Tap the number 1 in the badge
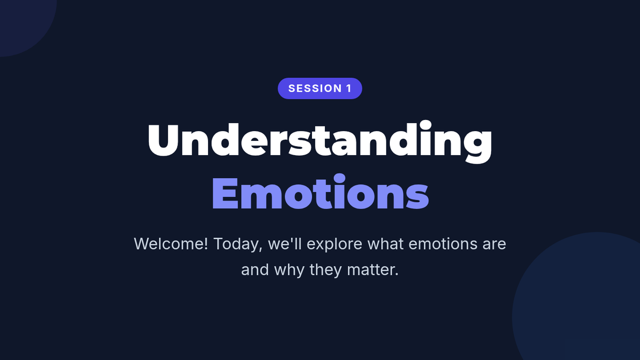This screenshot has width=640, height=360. pos(349,89)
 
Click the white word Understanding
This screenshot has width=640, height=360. pos(319,142)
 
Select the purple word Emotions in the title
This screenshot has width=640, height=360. pos(321,191)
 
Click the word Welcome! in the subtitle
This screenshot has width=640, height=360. pos(171,244)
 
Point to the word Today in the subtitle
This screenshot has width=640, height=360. pos(236,245)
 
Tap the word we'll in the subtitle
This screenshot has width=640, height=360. pos(285,244)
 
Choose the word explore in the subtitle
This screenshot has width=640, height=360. pos(334,245)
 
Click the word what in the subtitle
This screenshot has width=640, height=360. pos(386,244)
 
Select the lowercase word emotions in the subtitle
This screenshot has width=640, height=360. pos(443,244)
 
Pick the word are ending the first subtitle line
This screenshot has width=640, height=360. pos(494,245)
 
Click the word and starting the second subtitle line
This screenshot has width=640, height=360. pos(255,270)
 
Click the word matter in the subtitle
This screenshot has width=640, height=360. pos(370,270)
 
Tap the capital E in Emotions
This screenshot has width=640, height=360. pos(225,194)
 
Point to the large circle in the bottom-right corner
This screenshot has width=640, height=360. pos(580,303)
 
